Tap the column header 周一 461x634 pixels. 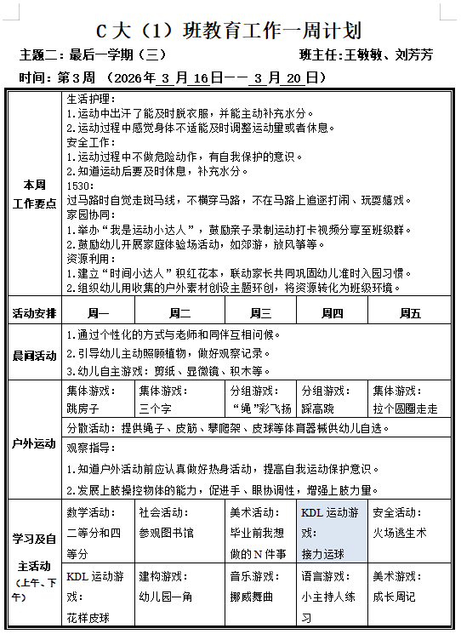click(x=99, y=313)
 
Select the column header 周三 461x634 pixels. click(x=261, y=313)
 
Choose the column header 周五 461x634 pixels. click(x=410, y=313)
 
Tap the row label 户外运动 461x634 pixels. click(x=35, y=443)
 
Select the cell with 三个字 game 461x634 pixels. click(x=179, y=400)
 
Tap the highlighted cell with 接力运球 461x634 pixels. click(x=332, y=533)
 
